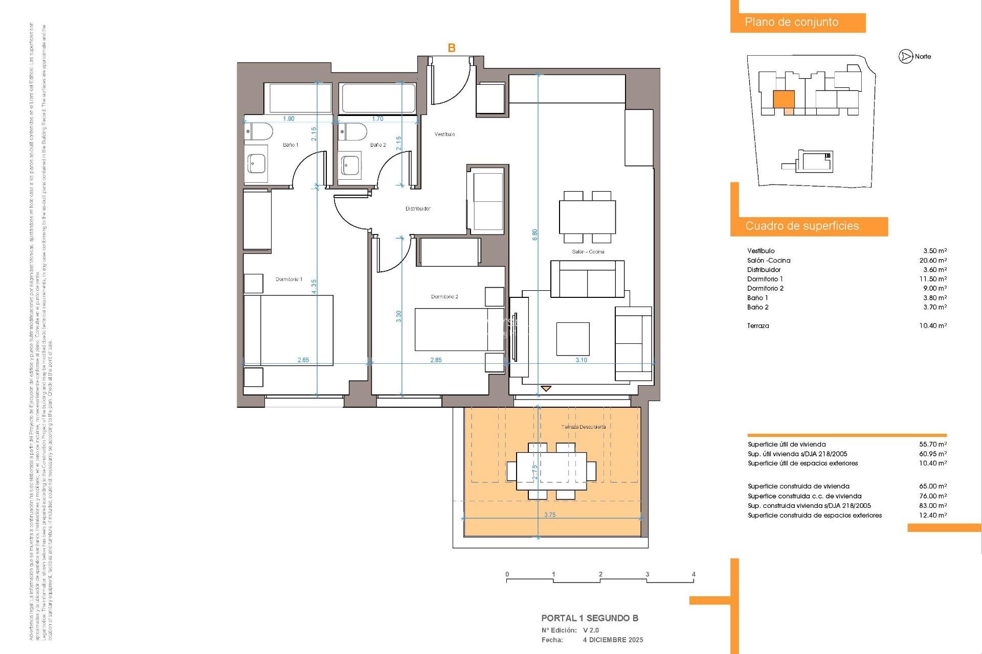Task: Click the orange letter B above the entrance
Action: click(452, 48)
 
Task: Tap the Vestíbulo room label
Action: click(444, 134)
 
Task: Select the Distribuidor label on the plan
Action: click(418, 208)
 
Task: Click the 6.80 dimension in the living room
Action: click(535, 235)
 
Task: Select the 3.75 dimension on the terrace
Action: click(550, 515)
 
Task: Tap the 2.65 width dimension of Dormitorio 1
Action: click(303, 360)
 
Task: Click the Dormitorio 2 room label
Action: click(444, 297)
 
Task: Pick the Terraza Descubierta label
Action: click(584, 427)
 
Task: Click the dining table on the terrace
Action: click(551, 471)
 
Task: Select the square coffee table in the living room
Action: click(573, 339)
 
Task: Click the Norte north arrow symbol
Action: click(906, 57)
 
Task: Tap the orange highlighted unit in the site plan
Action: click(784, 99)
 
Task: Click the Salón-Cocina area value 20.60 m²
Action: click(933, 261)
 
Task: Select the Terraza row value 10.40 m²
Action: click(933, 326)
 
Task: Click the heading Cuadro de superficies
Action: click(802, 226)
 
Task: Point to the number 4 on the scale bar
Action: click(694, 574)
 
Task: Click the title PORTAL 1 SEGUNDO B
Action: click(590, 618)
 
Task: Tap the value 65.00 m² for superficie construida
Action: click(933, 486)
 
